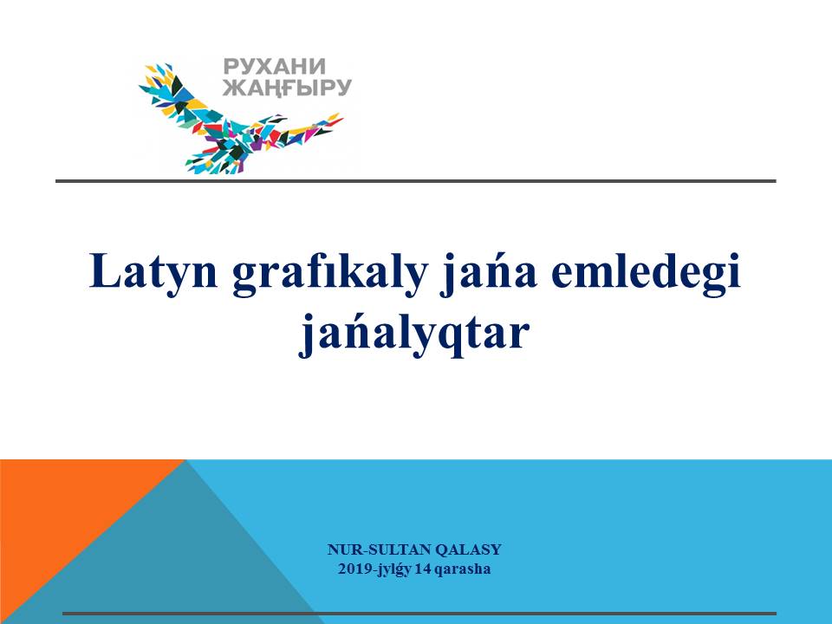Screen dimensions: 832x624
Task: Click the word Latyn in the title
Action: point(153,271)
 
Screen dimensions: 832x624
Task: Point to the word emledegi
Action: point(646,271)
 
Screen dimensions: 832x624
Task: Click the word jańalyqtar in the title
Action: point(414,333)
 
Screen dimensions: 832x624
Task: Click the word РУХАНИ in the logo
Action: point(275,68)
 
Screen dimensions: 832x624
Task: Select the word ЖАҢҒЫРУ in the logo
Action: point(287,88)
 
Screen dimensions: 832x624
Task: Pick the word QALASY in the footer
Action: point(469,549)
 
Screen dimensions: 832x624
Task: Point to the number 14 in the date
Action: point(423,569)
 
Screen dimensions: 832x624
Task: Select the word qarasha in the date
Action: point(462,570)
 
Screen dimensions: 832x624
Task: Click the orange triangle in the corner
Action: point(58,510)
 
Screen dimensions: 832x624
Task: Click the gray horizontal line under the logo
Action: point(416,181)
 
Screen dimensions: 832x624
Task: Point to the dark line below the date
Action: point(419,614)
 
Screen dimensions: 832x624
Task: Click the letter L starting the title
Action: point(103,270)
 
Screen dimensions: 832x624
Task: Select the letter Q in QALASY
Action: point(441,549)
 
